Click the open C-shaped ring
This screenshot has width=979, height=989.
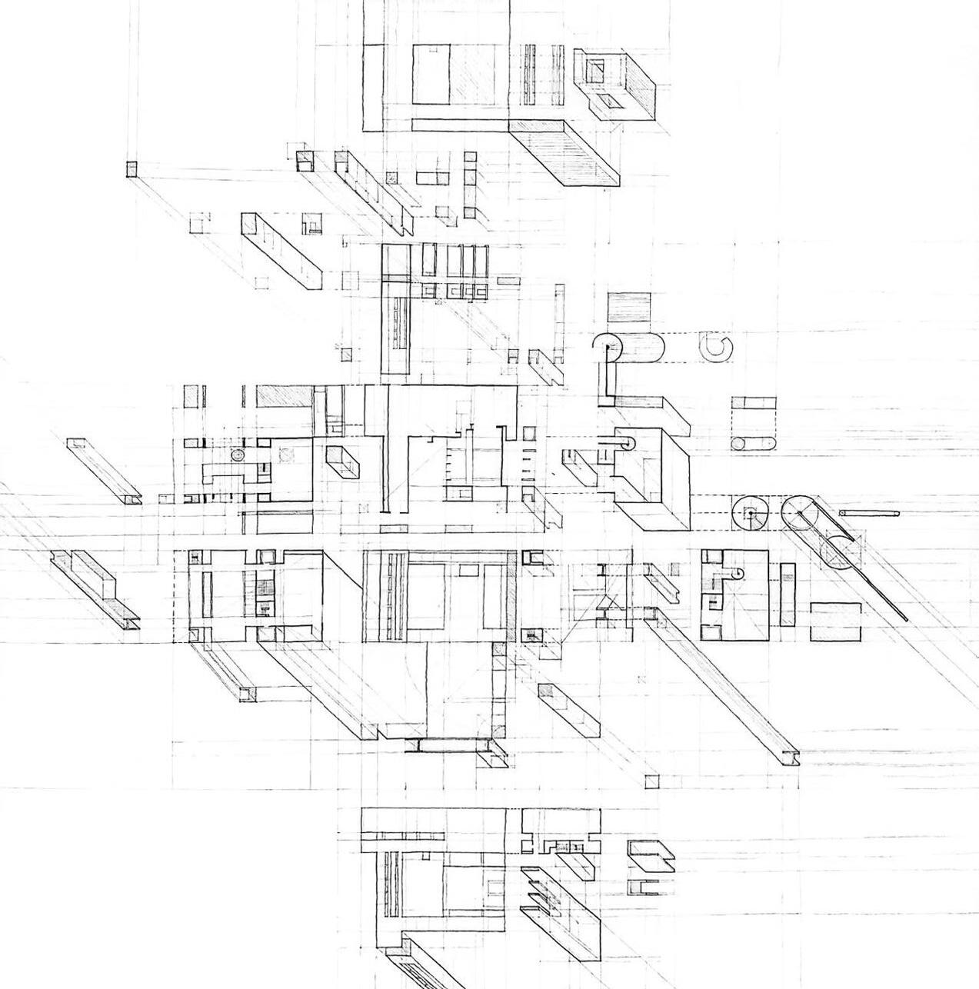(716, 348)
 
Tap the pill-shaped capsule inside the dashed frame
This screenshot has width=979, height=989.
(753, 443)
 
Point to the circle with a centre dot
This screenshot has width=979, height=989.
(750, 514)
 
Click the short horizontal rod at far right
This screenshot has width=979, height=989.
(869, 513)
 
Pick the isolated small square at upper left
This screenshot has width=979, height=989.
(132, 169)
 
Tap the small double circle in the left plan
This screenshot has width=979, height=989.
(238, 455)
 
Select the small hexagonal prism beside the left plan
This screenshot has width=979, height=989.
(342, 461)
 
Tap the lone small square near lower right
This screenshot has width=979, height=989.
(652, 782)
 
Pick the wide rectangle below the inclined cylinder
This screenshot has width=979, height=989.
(835, 621)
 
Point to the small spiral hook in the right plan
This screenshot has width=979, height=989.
(738, 573)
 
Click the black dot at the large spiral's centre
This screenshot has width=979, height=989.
(608, 348)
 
